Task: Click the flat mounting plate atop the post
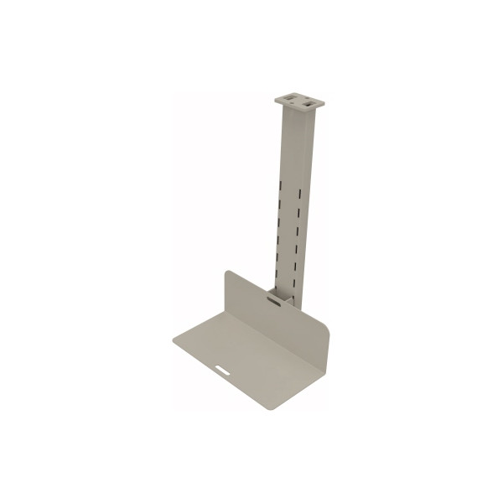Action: [299, 100]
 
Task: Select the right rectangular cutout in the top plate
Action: [309, 101]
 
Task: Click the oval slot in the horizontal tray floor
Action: [224, 367]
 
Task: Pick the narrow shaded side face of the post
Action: [306, 210]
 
